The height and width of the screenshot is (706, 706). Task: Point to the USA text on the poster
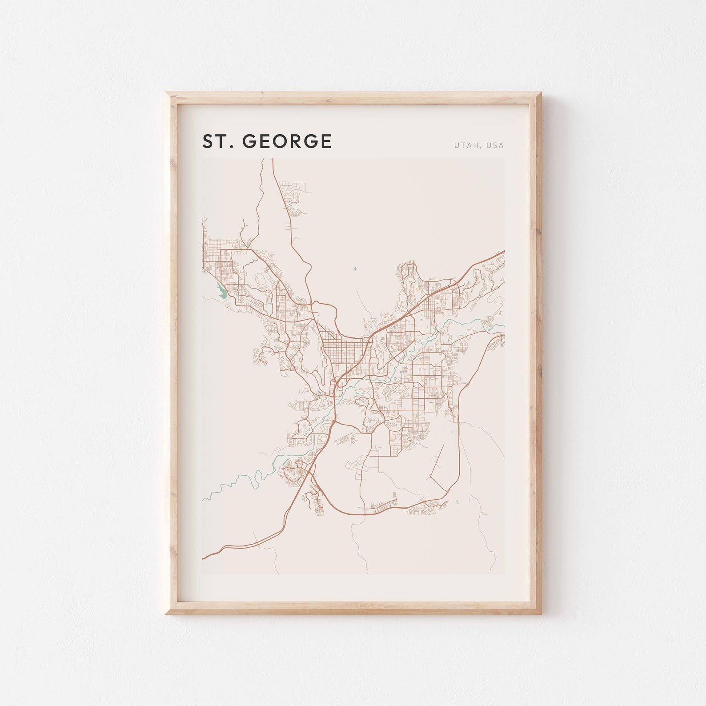pyautogui.click(x=495, y=145)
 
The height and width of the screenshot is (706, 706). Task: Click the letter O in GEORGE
pyautogui.click(x=283, y=141)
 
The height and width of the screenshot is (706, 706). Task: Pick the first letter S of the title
pyautogui.click(x=208, y=141)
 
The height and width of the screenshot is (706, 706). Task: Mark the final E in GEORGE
pyautogui.click(x=326, y=141)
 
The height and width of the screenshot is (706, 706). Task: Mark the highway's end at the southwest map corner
pyautogui.click(x=204, y=558)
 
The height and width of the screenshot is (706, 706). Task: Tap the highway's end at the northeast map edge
pyautogui.click(x=503, y=252)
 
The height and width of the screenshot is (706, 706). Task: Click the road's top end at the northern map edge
pyautogui.click(x=272, y=159)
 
